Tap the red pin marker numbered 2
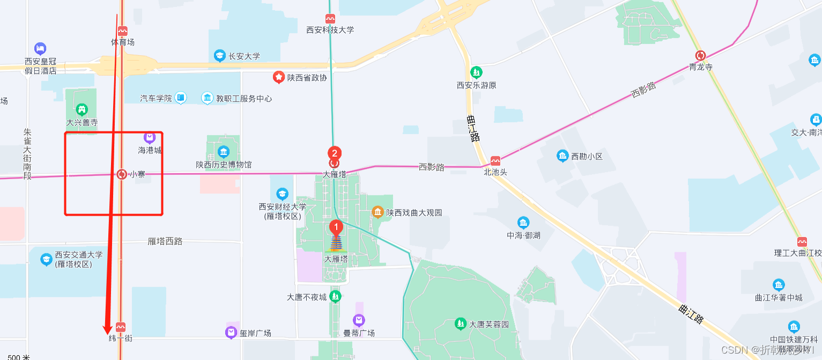click(x=335, y=153)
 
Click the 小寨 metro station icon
click(x=122, y=174)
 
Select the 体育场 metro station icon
click(x=123, y=31)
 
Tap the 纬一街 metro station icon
click(x=121, y=327)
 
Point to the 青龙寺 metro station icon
click(x=700, y=55)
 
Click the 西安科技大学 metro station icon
click(x=330, y=19)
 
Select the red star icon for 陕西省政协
click(x=279, y=77)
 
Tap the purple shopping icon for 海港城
click(x=150, y=138)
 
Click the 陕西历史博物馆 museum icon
click(x=224, y=152)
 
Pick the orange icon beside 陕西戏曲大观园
click(x=378, y=212)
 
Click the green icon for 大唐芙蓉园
click(x=460, y=324)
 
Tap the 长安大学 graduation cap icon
click(x=219, y=55)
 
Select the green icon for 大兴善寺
click(x=82, y=110)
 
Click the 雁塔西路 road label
click(x=165, y=241)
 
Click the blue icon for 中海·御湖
click(x=523, y=223)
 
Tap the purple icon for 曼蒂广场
click(x=359, y=321)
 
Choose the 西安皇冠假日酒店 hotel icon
click(x=40, y=49)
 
